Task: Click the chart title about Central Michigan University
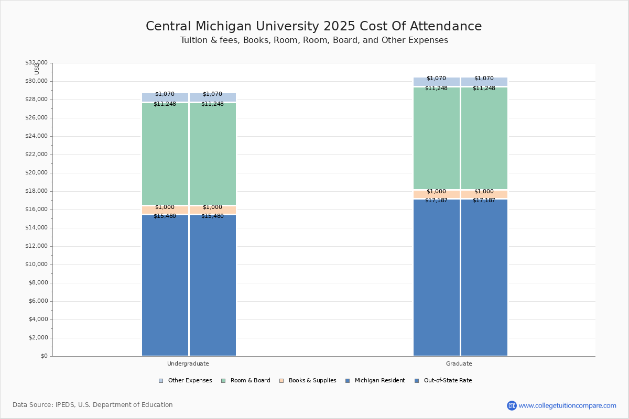(x=313, y=27)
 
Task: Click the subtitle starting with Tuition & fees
(x=314, y=40)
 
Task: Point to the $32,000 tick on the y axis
(x=36, y=63)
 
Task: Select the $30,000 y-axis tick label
(x=36, y=81)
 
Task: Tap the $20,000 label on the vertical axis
(x=36, y=173)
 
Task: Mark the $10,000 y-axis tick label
(x=36, y=264)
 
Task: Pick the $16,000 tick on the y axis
(x=36, y=210)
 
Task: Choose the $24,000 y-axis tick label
(x=36, y=136)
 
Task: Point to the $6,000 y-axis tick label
(x=38, y=301)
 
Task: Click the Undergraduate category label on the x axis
(x=188, y=363)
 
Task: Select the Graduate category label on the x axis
(x=459, y=363)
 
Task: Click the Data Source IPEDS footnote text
(x=93, y=405)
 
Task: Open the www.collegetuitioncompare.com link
(x=567, y=405)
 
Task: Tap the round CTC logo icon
(x=512, y=405)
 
